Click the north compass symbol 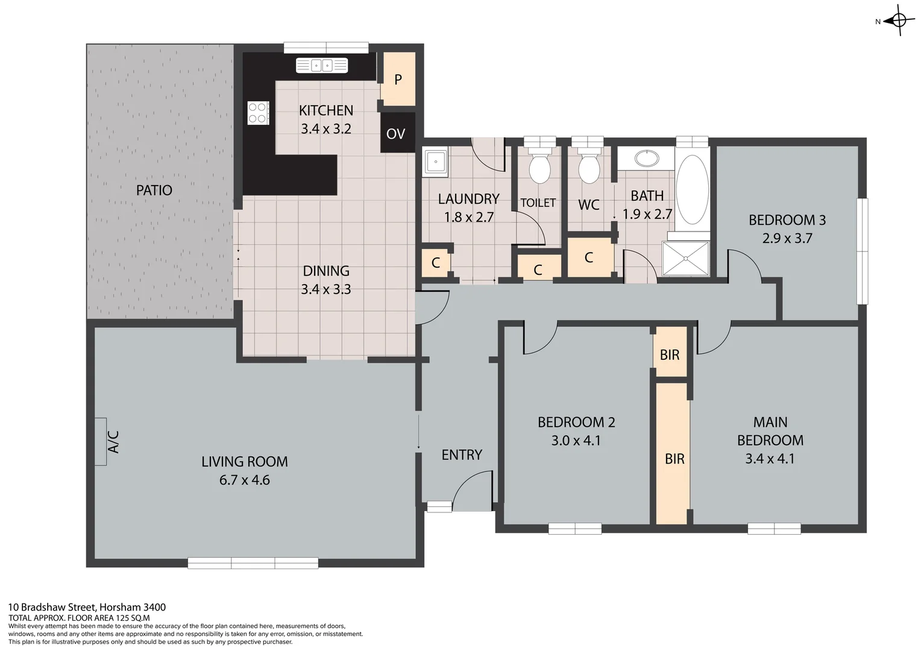tap(898, 20)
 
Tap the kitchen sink tap(322, 65)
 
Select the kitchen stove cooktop tap(258, 113)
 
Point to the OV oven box tap(396, 133)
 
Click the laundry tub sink tap(435, 162)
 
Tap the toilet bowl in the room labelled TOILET tap(539, 168)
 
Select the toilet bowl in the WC tap(588, 168)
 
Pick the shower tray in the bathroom tap(686, 258)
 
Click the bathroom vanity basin tap(646, 159)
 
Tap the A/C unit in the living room tap(101, 441)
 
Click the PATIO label tap(154, 190)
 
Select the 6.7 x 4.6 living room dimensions tap(244, 480)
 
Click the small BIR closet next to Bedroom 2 tap(670, 354)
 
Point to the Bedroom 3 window tap(863, 251)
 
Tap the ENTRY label tap(462, 455)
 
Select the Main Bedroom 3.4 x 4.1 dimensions tap(770, 459)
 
